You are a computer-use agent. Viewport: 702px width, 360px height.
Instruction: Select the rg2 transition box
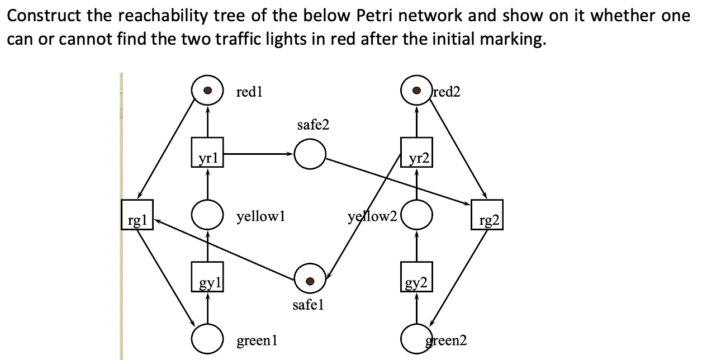(x=487, y=214)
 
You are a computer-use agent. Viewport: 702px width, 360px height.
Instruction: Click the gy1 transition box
(x=207, y=277)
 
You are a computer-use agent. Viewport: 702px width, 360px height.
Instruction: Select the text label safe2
(x=313, y=125)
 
